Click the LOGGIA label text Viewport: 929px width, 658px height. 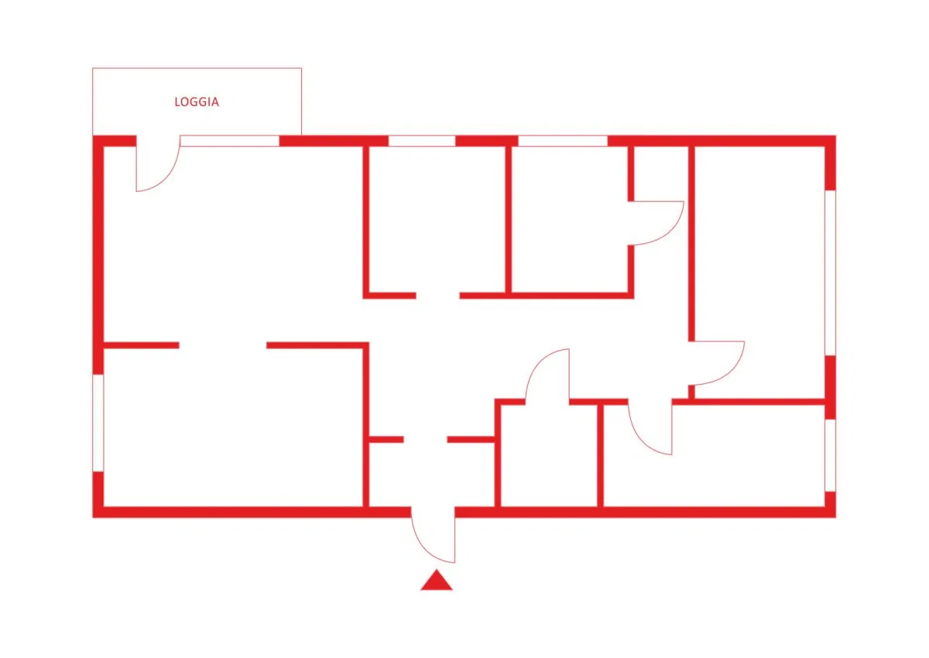pos(197,102)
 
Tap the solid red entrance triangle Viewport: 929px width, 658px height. pos(437,580)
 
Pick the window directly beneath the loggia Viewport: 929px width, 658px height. pos(230,141)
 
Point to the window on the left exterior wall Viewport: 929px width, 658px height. pos(98,423)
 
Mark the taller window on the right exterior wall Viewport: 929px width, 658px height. pos(830,272)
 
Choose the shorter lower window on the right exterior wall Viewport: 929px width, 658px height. pos(830,455)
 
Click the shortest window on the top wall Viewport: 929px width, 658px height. pos(422,141)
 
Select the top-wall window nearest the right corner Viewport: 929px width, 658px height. pos(563,141)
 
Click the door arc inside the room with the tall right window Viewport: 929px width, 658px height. pos(731,374)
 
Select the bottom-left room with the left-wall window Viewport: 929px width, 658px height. pos(233,427)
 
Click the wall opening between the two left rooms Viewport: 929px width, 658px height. pos(223,345)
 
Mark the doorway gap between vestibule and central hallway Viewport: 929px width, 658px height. pos(425,440)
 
